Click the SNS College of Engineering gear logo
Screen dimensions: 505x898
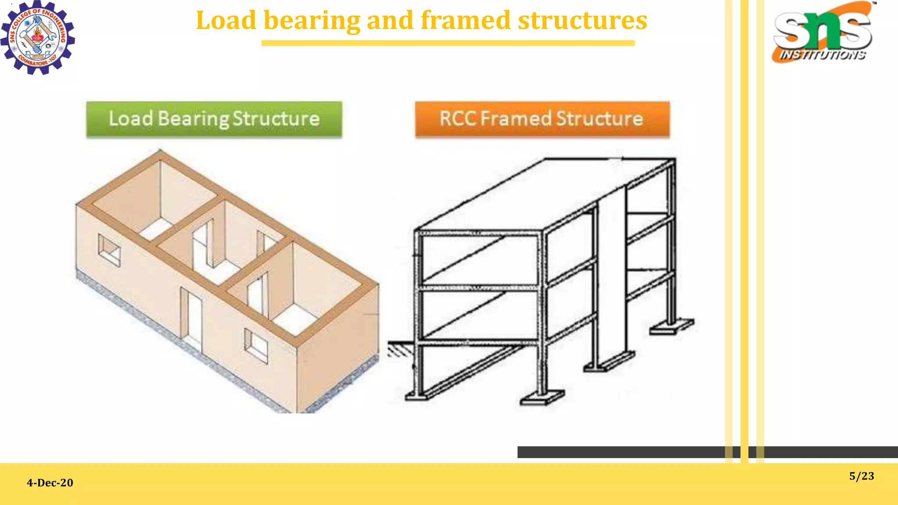click(x=38, y=38)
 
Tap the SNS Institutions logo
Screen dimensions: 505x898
click(x=823, y=33)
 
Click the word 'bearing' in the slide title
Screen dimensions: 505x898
click(x=312, y=20)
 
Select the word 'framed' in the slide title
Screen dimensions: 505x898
click(x=465, y=20)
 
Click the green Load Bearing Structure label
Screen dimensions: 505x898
click(x=214, y=119)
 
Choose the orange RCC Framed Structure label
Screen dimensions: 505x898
click(x=542, y=119)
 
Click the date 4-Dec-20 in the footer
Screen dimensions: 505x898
click(x=50, y=483)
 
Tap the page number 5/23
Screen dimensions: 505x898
click(x=861, y=476)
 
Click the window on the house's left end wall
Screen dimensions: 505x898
click(x=109, y=250)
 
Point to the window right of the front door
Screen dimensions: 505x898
click(x=256, y=345)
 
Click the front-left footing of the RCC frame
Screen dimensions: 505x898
click(x=417, y=396)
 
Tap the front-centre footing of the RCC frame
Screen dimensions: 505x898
click(x=542, y=398)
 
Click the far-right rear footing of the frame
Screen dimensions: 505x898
click(x=671, y=327)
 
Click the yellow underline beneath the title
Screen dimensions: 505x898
click(x=448, y=43)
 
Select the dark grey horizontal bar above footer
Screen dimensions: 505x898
click(x=636, y=452)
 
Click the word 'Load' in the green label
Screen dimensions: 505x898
click(x=131, y=119)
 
